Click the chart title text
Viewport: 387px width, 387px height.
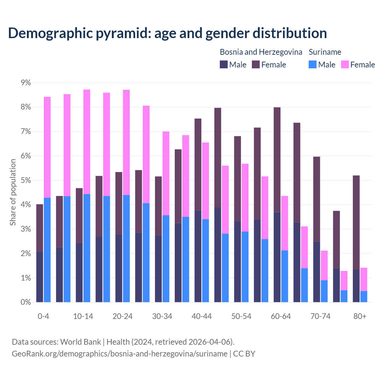point(167,33)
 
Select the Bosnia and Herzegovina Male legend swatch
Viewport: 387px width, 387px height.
point(224,64)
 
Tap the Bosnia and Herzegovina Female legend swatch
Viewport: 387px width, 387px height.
point(256,64)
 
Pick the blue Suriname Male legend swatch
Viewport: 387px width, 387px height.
point(313,64)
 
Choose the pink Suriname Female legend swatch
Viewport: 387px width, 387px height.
point(345,64)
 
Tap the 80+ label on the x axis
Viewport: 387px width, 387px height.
point(360,316)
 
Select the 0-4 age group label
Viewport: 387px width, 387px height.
point(43,316)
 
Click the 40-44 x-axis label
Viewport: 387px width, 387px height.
point(202,316)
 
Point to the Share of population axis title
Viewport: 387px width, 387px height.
point(13,192)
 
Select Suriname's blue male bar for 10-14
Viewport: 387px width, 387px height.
point(87,248)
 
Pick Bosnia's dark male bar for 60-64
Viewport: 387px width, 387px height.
point(277,257)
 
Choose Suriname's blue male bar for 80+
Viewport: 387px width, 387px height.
point(364,297)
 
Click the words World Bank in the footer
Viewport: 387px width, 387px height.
point(80,342)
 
